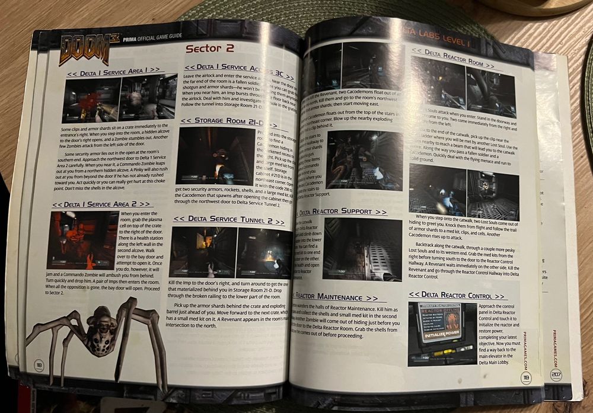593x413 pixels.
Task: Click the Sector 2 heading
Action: click(x=210, y=48)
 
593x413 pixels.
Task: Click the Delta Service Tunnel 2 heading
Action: click(x=228, y=219)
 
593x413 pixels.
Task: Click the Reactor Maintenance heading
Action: click(x=335, y=296)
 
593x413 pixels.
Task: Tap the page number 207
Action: click(x=556, y=375)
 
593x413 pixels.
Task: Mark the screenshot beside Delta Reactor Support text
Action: click(x=362, y=249)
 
